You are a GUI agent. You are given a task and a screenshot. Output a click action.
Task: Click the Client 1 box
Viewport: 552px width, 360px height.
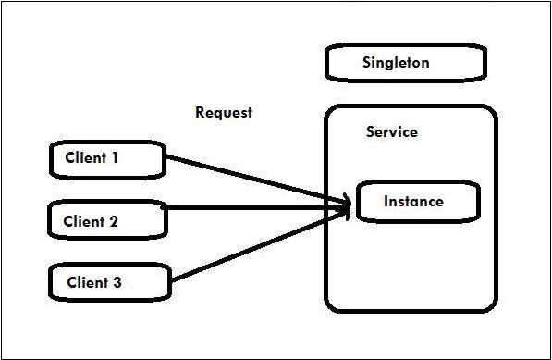coord(106,159)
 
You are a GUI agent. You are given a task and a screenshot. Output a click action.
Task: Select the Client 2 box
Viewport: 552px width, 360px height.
coord(106,221)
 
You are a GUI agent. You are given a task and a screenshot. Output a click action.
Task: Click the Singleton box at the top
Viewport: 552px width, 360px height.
coord(405,64)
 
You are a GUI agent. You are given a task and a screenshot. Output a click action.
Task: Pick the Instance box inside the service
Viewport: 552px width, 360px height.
coord(416,202)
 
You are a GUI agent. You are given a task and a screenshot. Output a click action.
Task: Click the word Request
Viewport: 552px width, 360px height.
coord(224,113)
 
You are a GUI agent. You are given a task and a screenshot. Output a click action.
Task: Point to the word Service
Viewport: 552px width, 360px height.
coord(391,132)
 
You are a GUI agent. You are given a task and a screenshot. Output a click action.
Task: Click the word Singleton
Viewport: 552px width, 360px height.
coord(397,64)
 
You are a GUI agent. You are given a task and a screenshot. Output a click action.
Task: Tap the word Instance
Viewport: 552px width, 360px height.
coord(413,202)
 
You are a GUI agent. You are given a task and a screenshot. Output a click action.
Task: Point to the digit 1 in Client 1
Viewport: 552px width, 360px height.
coord(115,157)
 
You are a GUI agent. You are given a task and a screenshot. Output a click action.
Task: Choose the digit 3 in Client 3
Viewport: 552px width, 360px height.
coord(117,283)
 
